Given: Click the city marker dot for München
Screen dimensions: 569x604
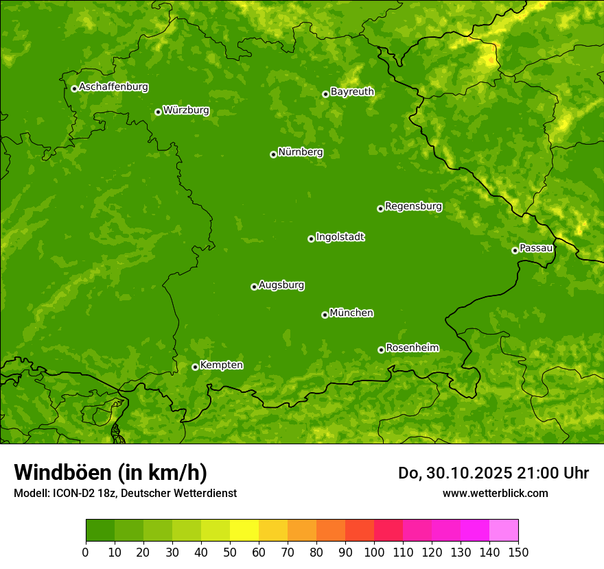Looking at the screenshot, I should [x=325, y=315].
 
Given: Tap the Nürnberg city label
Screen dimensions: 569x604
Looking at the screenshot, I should [x=301, y=152].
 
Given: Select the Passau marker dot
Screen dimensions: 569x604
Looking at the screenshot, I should [x=515, y=250].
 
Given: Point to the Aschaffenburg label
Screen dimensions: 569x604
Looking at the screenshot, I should [x=113, y=87].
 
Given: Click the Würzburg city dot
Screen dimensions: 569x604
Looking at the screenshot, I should [x=158, y=112].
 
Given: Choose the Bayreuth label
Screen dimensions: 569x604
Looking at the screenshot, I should [x=352, y=92].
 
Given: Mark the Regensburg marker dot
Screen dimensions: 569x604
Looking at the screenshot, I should [x=380, y=208].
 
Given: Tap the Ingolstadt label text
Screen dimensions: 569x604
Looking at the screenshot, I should [x=340, y=237].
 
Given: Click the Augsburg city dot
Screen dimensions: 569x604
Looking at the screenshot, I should [x=254, y=287].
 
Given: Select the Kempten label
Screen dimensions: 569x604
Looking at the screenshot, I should [x=221, y=365].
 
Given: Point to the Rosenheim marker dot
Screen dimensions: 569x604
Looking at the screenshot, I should [x=381, y=350].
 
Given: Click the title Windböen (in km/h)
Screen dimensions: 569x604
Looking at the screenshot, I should [x=111, y=472].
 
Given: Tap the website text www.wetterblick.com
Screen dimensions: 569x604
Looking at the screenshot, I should [x=495, y=493].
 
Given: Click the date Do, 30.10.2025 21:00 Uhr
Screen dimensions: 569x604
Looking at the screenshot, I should [x=493, y=473].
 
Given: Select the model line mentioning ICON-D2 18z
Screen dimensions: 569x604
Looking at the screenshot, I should [x=125, y=493].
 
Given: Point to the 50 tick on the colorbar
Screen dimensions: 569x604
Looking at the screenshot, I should [x=230, y=552].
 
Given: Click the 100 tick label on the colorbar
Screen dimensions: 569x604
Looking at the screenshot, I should [x=374, y=552].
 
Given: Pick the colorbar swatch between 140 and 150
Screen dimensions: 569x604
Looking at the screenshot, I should [x=504, y=531].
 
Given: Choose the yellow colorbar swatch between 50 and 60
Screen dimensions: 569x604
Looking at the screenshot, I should [x=244, y=531].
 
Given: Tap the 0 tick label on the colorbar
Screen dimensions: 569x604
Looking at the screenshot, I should [x=86, y=552].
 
